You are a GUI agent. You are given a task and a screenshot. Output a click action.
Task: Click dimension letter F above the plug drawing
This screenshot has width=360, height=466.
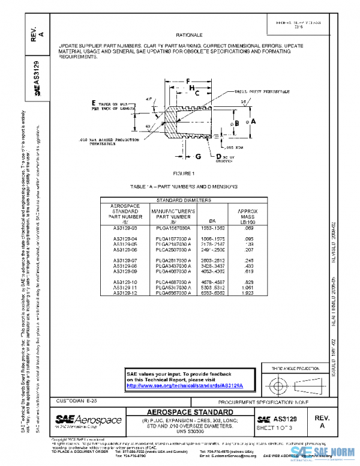pos(187,80)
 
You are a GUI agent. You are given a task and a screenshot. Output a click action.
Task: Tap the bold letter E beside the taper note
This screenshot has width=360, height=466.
pos(94,103)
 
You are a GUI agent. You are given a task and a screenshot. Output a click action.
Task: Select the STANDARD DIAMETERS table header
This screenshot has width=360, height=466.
pos(184,199)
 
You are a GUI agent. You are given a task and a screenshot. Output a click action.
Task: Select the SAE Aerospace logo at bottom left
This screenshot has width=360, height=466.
pos(89,420)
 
